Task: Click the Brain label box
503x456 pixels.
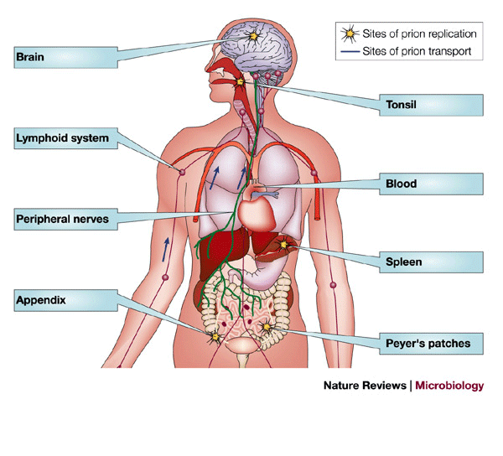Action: click(x=63, y=58)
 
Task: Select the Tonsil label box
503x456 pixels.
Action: click(x=432, y=105)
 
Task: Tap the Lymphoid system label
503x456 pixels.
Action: click(x=63, y=138)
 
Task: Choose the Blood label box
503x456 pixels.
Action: click(x=432, y=184)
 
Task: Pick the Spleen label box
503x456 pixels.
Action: click(x=432, y=262)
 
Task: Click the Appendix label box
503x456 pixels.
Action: click(x=63, y=299)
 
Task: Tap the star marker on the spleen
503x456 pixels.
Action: click(x=284, y=244)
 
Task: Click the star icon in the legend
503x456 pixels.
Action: click(x=349, y=34)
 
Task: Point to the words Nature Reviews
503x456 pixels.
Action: click(x=365, y=386)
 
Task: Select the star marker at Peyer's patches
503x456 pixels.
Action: click(x=267, y=327)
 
